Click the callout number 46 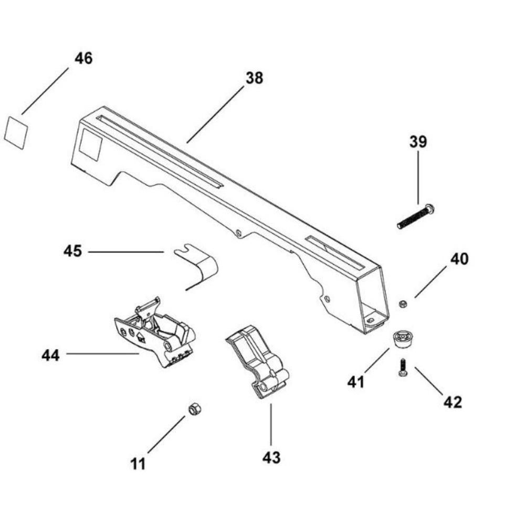(83, 58)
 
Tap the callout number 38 (254, 78)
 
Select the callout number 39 (418, 142)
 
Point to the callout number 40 (459, 259)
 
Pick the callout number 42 (453, 402)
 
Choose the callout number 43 (271, 457)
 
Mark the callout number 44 (51, 355)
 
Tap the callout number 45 (73, 251)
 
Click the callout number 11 (139, 464)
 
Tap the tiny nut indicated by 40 (403, 303)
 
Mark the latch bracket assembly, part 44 (155, 334)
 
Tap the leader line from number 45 (126, 252)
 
